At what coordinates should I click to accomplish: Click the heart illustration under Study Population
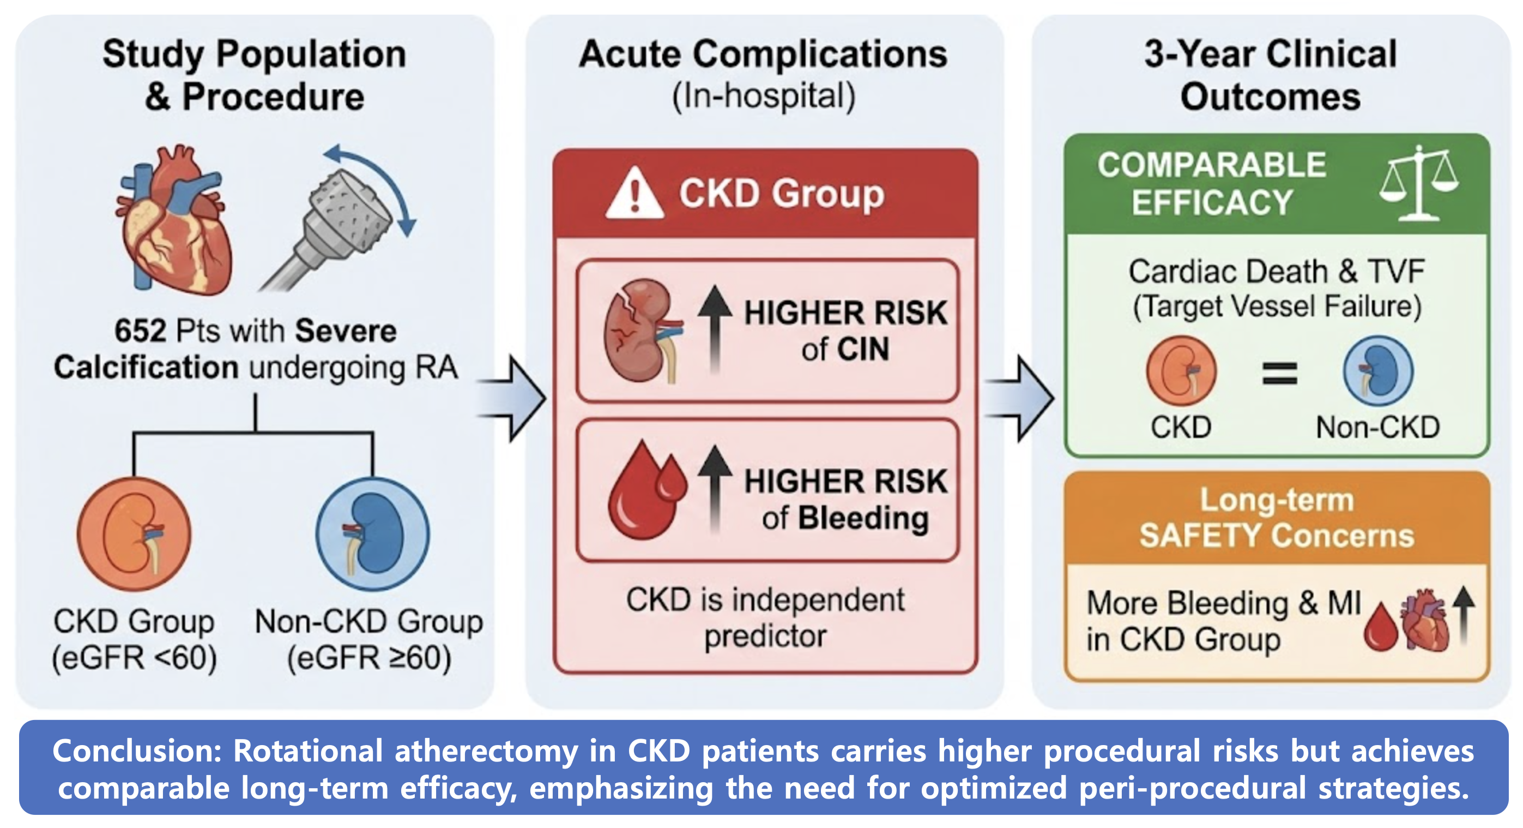pyautogui.click(x=175, y=222)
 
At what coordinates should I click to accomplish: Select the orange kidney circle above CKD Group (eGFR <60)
pyautogui.click(x=134, y=533)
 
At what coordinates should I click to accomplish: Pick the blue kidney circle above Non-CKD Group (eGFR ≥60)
pyautogui.click(x=372, y=533)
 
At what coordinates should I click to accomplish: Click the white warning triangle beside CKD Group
pyautogui.click(x=634, y=194)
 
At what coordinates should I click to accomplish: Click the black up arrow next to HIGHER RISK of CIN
pyautogui.click(x=715, y=328)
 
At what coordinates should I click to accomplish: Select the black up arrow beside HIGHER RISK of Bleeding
pyautogui.click(x=715, y=488)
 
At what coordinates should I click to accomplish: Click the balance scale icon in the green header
pyautogui.click(x=1418, y=183)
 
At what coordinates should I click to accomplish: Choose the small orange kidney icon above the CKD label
pyautogui.click(x=1181, y=371)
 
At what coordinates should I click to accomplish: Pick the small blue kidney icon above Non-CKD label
pyautogui.click(x=1378, y=371)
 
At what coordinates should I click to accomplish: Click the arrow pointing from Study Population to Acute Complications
pyautogui.click(x=515, y=399)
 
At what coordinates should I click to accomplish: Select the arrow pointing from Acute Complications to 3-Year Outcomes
pyautogui.click(x=1021, y=399)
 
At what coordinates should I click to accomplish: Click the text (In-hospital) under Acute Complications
pyautogui.click(x=763, y=97)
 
